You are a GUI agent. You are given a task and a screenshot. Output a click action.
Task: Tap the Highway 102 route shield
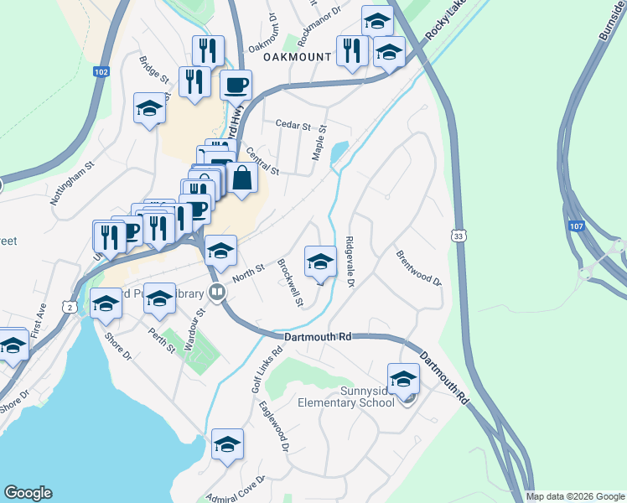click(x=101, y=73)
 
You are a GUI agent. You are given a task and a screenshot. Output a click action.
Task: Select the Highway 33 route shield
click(x=457, y=237)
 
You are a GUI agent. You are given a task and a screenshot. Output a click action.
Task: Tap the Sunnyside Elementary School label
click(x=346, y=397)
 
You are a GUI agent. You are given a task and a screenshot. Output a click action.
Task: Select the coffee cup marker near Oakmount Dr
click(x=236, y=84)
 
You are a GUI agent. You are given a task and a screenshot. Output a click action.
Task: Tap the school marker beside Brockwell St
click(x=319, y=262)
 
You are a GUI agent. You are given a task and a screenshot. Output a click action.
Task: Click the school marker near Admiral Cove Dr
click(x=227, y=444)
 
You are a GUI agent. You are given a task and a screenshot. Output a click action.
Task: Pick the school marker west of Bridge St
click(x=149, y=108)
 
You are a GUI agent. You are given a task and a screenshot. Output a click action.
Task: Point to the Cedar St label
click(x=293, y=125)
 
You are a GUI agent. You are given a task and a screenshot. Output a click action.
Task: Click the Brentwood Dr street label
click(x=418, y=267)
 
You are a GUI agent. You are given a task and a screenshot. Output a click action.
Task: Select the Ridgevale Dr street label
click(x=350, y=262)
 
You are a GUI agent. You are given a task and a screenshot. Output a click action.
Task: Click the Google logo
click(x=28, y=493)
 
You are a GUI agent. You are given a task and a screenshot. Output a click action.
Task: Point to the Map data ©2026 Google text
click(x=574, y=496)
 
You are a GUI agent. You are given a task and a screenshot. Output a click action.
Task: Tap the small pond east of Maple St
click(x=339, y=153)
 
